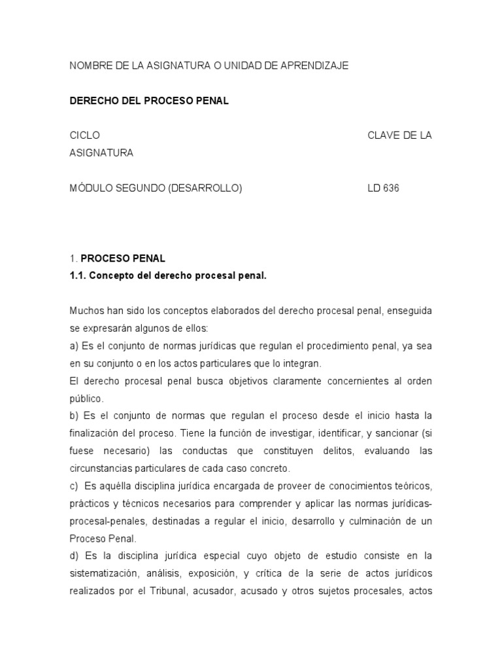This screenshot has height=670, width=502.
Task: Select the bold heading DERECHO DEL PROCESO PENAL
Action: [x=149, y=101]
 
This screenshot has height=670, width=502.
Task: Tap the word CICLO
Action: [x=85, y=135]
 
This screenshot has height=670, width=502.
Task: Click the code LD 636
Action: [x=383, y=188]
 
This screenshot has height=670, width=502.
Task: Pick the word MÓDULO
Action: [x=89, y=188]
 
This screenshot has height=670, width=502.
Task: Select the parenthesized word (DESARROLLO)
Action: [x=205, y=188]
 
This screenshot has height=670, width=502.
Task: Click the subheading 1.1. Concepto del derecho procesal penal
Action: [x=168, y=276]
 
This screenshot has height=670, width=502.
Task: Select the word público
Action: [x=85, y=398]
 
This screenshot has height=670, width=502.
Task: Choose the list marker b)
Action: [x=74, y=416]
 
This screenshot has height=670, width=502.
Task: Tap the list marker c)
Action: [x=74, y=486]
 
